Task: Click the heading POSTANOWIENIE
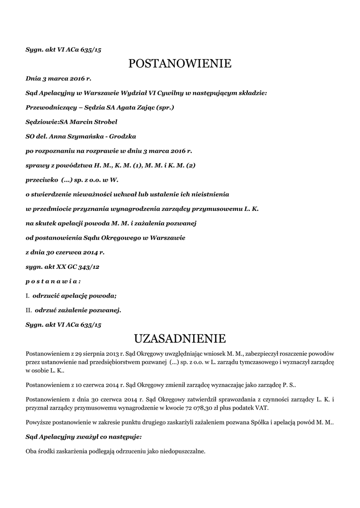point(180,63)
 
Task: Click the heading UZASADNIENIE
point(180,339)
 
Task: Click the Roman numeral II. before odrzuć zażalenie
point(28,311)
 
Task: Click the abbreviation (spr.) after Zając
point(165,107)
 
